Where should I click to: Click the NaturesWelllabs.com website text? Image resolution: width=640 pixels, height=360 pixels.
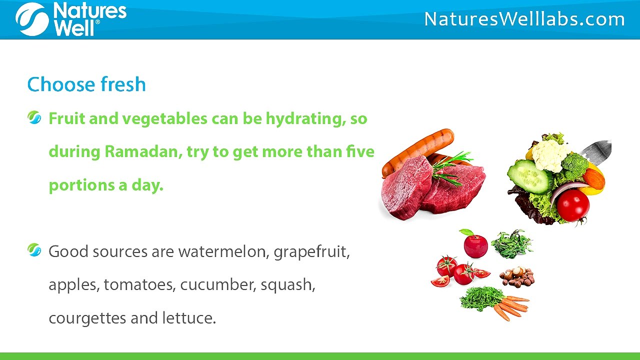pos(524,19)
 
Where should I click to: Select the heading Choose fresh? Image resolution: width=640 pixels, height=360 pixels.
pos(86,84)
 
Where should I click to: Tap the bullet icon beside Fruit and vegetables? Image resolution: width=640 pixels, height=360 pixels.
pos(34,118)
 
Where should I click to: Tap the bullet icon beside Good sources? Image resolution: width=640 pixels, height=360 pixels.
pos(34,250)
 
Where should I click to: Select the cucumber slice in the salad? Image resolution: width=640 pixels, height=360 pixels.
pos(529,176)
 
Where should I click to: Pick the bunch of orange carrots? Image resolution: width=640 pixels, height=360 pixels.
pos(511,305)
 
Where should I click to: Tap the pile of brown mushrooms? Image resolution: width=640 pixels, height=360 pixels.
pos(517,276)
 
